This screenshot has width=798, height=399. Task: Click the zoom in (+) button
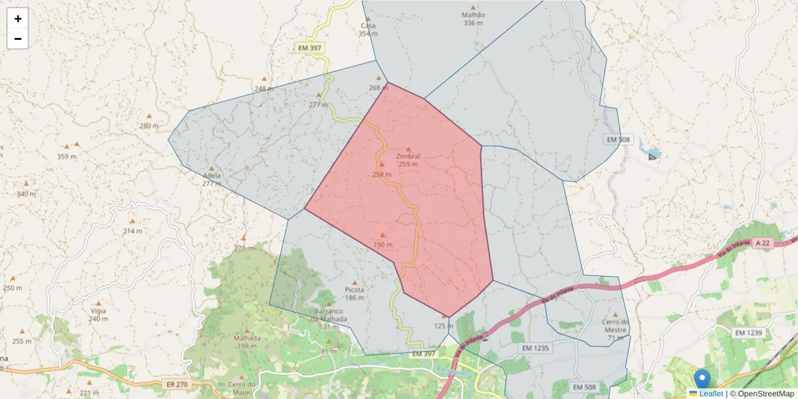pos(18,19)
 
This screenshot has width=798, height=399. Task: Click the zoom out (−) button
pos(18,39)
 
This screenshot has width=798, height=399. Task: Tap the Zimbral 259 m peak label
pos(408,160)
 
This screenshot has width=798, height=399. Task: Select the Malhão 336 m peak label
pos(473,19)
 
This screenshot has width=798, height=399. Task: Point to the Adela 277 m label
pos(211,179)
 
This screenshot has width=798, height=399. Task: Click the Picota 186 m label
pos(354,293)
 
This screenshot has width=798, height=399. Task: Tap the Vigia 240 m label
pos(98,315)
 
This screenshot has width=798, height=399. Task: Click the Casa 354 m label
pos(368,29)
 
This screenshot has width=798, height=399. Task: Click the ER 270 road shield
pos(172,384)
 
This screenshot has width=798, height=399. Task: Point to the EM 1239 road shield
pos(749,332)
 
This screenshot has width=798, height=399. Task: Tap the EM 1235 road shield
pos(536,348)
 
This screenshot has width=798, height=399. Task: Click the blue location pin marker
pos(702,379)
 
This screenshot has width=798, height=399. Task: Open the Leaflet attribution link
pos(710,394)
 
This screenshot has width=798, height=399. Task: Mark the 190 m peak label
pos(382,244)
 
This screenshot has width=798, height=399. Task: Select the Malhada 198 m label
pos(246,341)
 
